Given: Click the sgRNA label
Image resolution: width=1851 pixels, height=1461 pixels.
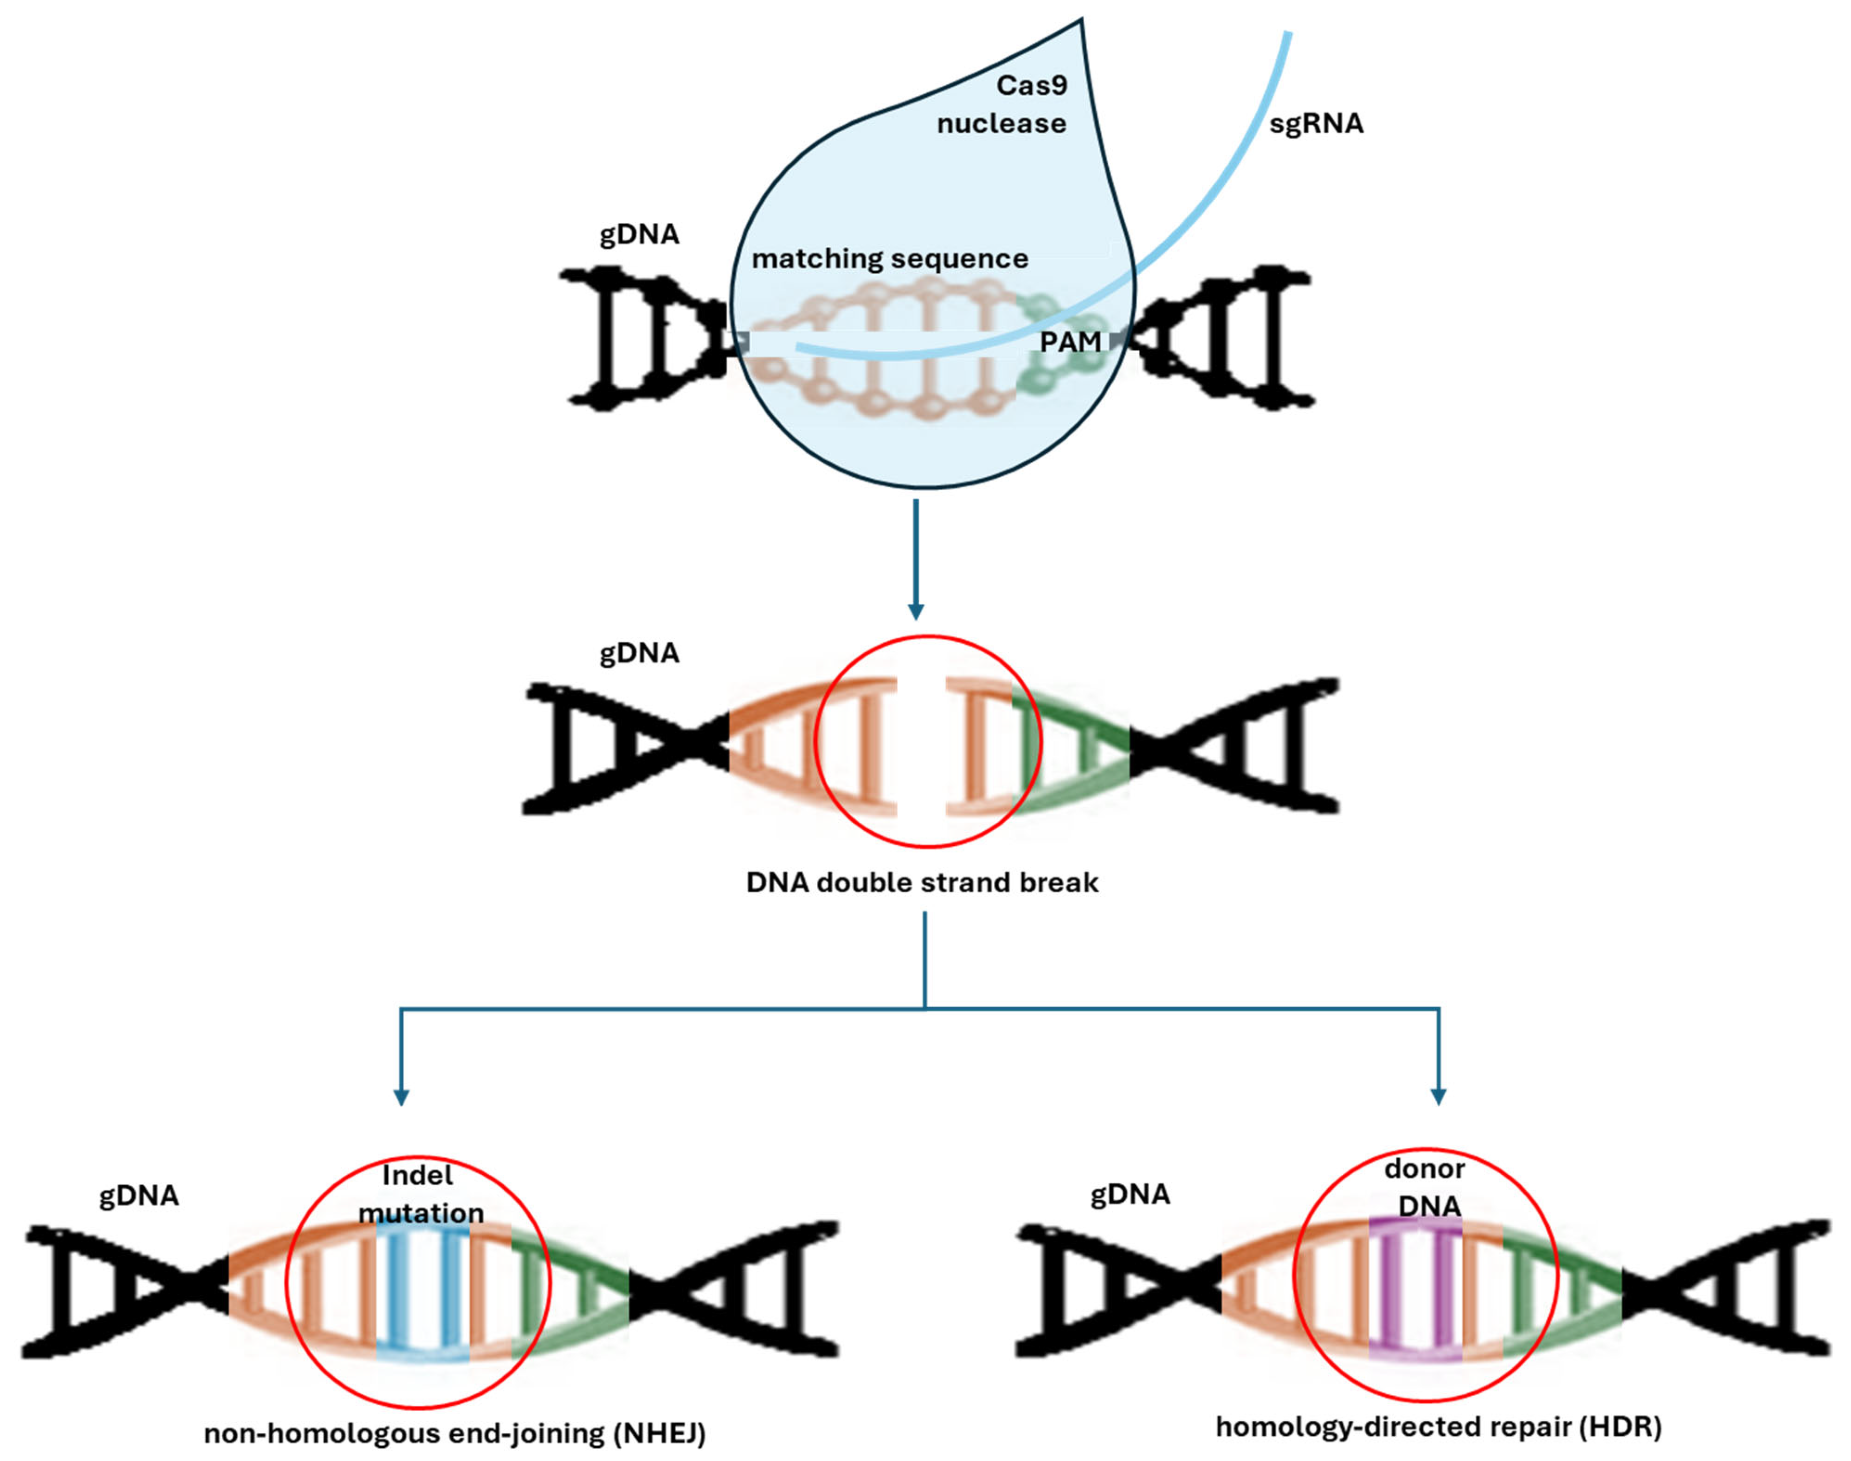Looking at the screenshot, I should [1315, 124].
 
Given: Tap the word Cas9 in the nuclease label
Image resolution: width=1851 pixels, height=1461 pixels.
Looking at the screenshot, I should [1032, 85].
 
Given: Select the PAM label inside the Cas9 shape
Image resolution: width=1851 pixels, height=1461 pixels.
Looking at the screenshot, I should [1070, 342].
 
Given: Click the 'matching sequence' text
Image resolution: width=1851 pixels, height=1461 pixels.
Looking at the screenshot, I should [890, 259].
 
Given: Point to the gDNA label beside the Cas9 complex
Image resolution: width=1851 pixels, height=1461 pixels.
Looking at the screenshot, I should [639, 234].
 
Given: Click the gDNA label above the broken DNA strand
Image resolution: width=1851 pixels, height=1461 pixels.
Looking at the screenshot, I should [639, 654].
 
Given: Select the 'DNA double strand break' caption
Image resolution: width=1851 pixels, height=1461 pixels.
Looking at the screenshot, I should [922, 883].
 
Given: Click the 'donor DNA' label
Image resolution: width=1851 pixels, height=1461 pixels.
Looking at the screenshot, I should [1424, 1187].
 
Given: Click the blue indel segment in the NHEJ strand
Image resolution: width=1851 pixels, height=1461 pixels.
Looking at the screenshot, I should [423, 1292].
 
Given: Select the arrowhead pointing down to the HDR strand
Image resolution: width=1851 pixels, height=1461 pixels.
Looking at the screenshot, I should [1439, 1097].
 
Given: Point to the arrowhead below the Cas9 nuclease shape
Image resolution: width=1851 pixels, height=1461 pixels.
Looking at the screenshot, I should [916, 613].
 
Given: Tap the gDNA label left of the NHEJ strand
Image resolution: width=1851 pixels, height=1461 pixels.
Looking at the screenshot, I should [139, 1196].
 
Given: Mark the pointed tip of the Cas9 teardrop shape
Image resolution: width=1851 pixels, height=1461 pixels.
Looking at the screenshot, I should [1082, 21].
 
